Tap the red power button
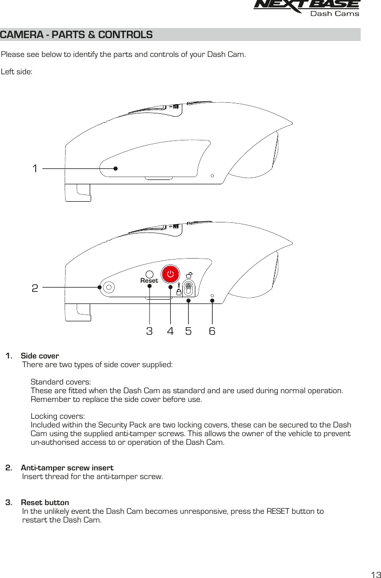click(x=170, y=274)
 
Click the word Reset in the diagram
click(x=149, y=280)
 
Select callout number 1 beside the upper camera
click(x=35, y=169)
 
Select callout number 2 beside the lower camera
click(x=35, y=288)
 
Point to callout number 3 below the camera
click(x=150, y=331)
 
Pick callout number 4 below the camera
click(x=170, y=331)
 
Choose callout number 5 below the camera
click(x=188, y=331)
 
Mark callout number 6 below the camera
click(x=212, y=331)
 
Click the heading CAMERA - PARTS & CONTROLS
click(x=77, y=35)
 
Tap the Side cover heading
click(x=40, y=356)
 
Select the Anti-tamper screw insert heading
click(x=67, y=468)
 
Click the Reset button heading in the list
click(x=45, y=503)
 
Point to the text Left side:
click(x=17, y=72)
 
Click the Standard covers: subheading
click(x=57, y=382)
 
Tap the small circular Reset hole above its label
click(x=150, y=273)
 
